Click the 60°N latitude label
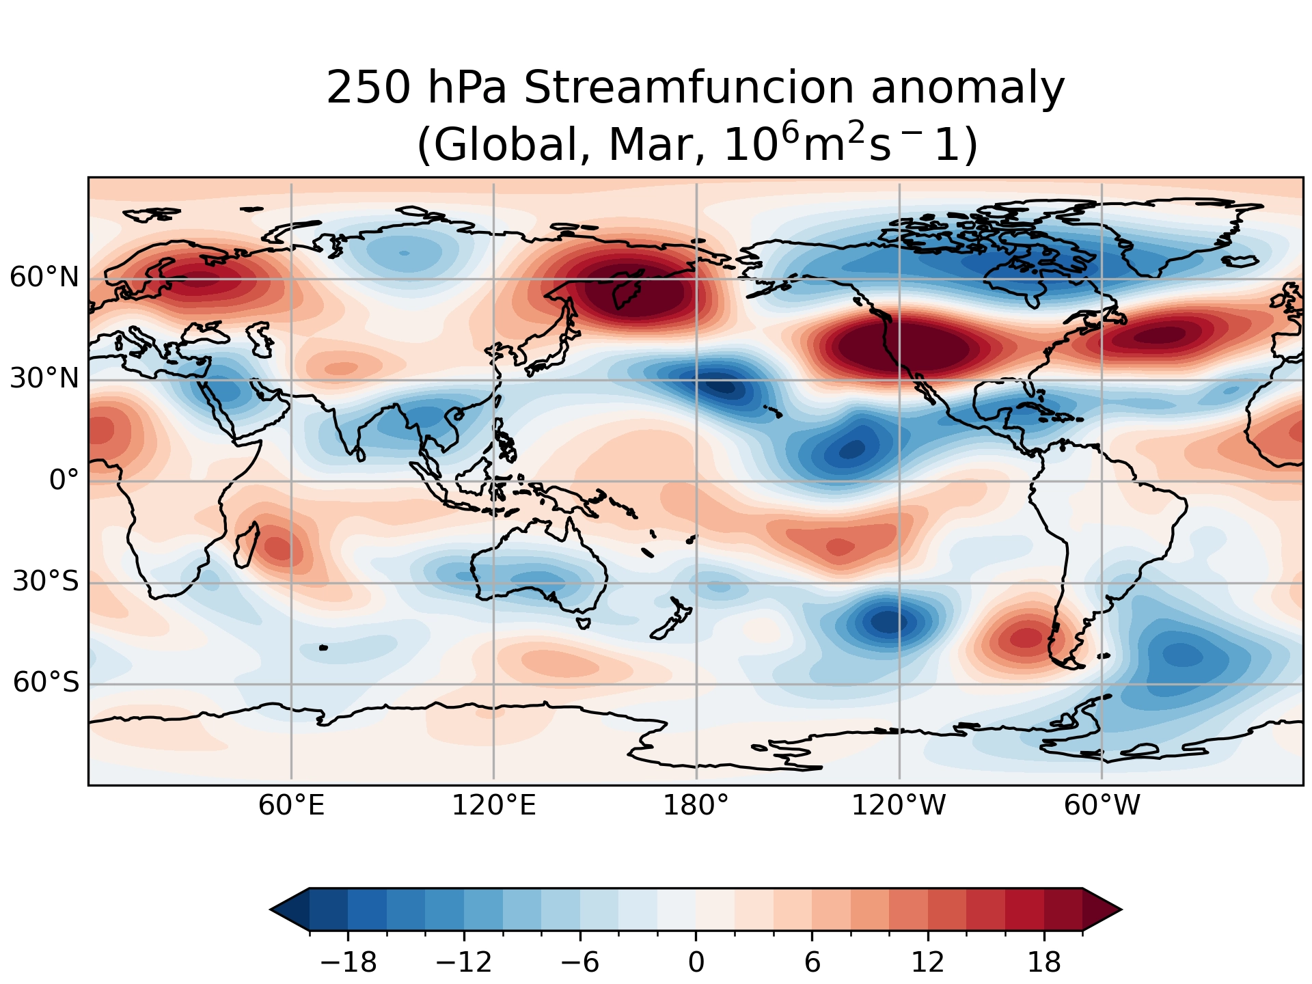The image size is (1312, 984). [44, 278]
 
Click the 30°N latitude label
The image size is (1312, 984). [44, 379]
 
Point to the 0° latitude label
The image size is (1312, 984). [64, 480]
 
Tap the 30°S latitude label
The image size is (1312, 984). [46, 582]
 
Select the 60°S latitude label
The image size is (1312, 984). [46, 682]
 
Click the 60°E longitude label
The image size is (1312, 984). [291, 806]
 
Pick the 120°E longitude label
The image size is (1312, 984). [493, 806]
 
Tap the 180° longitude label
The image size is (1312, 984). [696, 806]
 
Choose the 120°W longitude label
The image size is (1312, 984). [898, 806]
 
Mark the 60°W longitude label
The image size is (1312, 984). [1102, 806]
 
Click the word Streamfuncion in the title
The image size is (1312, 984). [689, 89]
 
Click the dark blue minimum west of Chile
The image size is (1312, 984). [892, 622]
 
